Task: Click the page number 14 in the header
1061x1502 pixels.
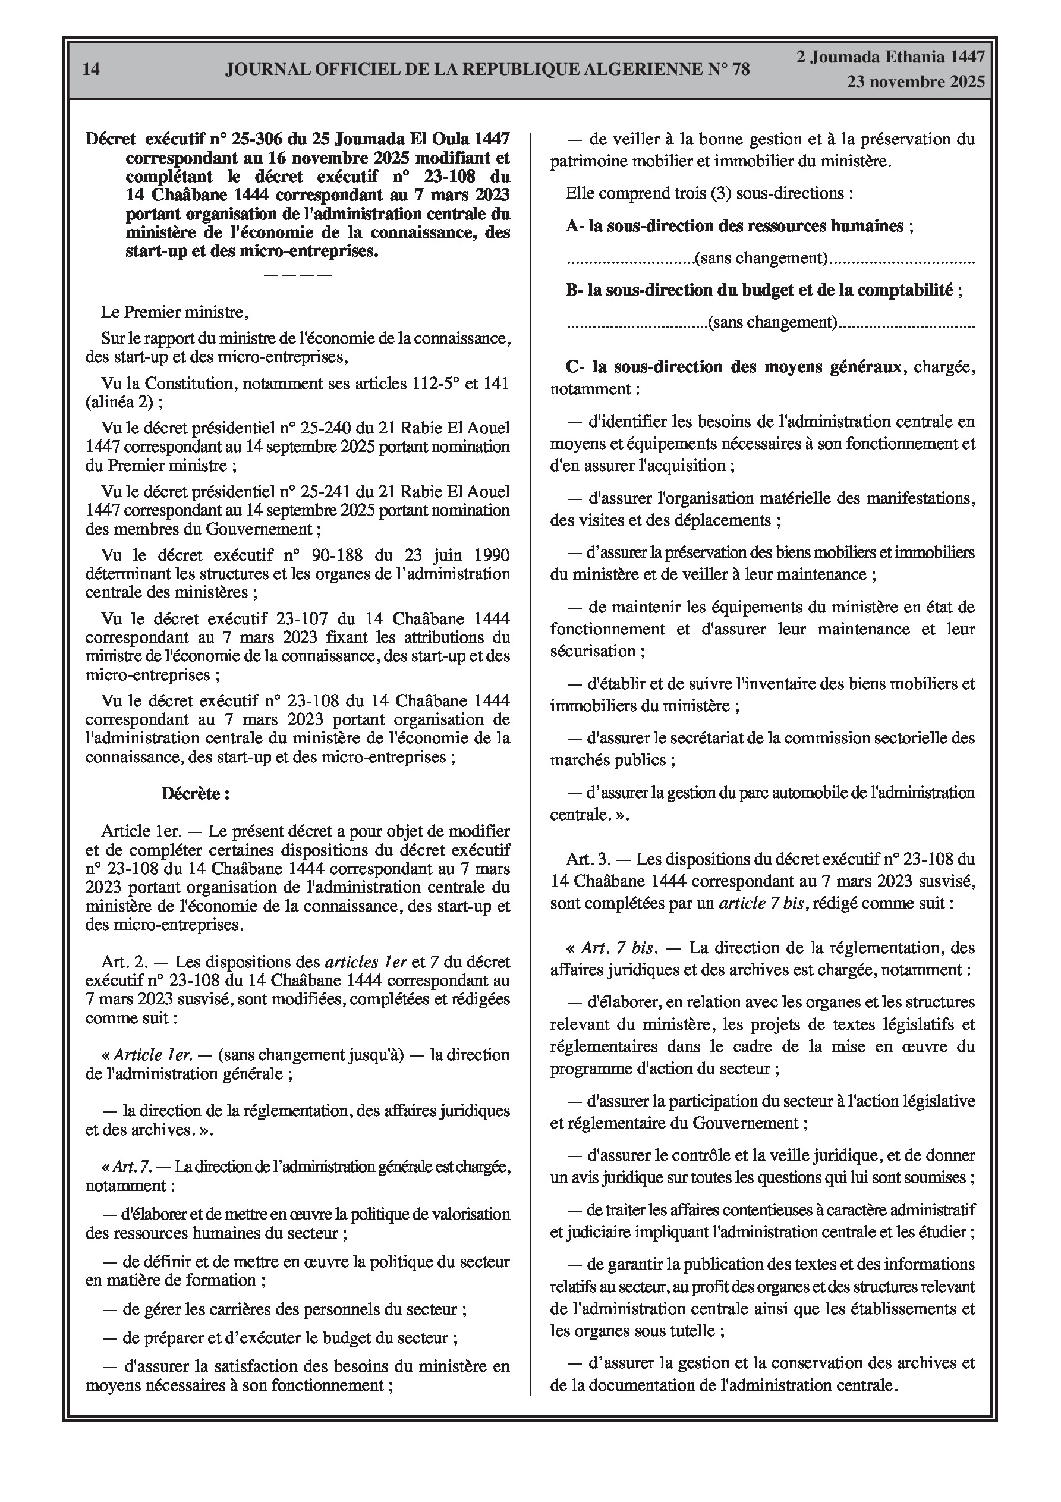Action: tap(92, 70)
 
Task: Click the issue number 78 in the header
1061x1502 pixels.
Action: tap(739, 70)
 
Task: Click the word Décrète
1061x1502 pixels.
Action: tap(196, 794)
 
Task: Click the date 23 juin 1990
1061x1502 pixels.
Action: tap(454, 555)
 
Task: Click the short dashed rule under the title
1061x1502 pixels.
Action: tap(298, 275)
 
